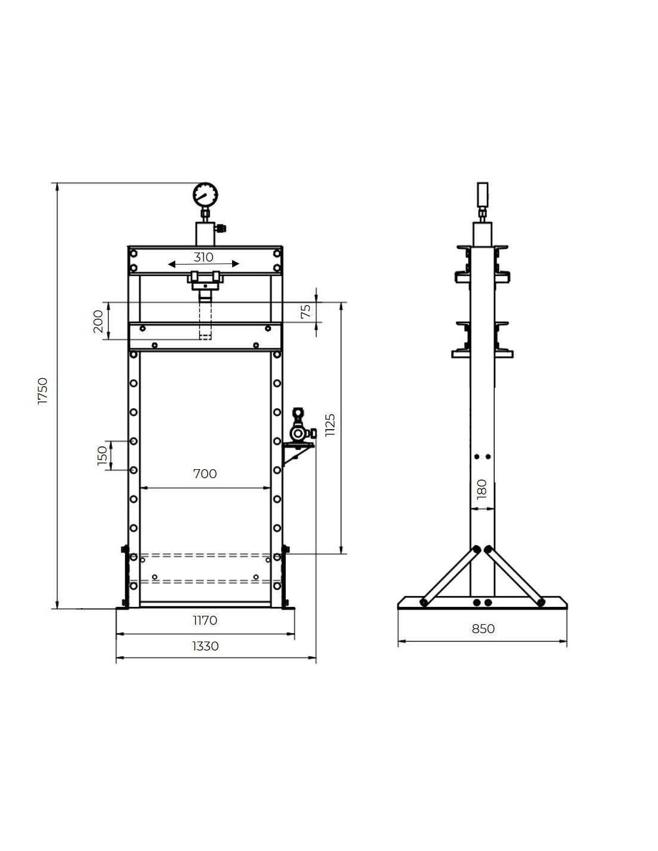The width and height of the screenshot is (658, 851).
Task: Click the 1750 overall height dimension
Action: pos(42,391)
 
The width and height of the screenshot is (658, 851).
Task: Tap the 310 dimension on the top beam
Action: pos(203,257)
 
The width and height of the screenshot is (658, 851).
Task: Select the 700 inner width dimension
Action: pos(205,474)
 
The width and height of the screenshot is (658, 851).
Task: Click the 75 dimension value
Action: pos(306,311)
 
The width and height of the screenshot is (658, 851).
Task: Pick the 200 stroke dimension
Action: pos(98,321)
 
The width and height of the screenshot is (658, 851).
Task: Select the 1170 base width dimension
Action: pos(205,621)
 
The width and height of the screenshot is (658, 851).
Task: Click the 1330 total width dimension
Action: pos(205,646)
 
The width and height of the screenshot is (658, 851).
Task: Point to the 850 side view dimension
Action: pos(483,628)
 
